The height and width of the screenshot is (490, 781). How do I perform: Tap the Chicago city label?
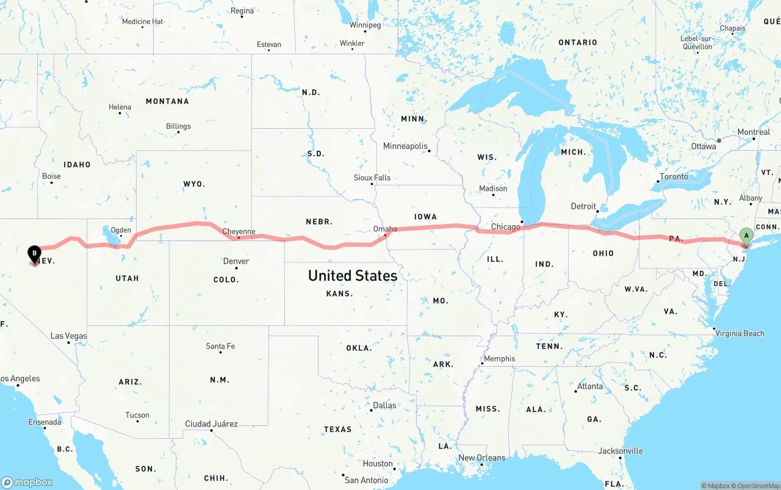click(506, 227)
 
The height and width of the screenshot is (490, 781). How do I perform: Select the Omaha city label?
click(385, 229)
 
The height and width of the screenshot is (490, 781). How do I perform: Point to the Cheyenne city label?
click(239, 231)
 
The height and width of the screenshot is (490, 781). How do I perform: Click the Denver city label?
click(236, 261)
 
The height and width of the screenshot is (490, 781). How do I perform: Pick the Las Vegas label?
click(68, 336)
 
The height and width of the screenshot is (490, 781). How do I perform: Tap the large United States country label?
click(353, 275)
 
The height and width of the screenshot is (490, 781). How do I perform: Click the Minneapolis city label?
click(405, 146)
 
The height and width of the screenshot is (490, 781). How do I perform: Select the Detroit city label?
click(583, 206)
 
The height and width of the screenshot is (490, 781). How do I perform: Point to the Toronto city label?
click(674, 177)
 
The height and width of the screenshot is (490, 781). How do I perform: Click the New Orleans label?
click(481, 458)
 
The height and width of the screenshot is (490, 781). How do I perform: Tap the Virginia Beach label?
click(740, 333)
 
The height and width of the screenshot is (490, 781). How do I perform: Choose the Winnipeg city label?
click(365, 25)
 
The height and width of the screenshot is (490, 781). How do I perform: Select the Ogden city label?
click(121, 231)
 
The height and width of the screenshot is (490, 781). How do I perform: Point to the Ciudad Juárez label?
click(211, 423)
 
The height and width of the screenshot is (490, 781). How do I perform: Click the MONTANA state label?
click(167, 101)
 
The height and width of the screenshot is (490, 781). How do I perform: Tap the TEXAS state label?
click(337, 430)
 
